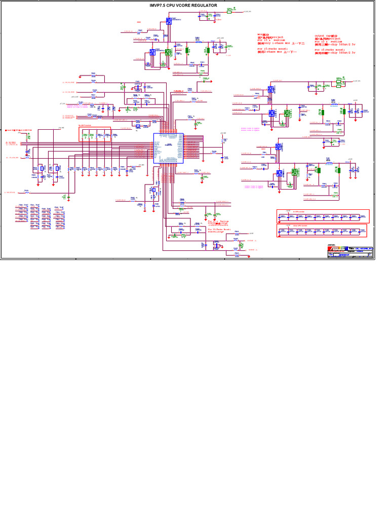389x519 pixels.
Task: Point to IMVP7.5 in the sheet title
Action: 158,5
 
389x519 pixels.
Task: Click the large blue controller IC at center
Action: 168,149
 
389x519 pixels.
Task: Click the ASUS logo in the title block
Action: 337,249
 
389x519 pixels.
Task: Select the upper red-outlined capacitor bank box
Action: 323,216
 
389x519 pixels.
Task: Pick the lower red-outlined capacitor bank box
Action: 323,231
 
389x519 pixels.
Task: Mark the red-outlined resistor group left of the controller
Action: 94,133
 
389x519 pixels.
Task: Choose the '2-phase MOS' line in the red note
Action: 277,52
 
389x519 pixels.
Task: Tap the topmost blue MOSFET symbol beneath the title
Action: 169,21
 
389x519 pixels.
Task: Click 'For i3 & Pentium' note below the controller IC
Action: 218,221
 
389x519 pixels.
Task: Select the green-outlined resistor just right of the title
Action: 229,11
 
